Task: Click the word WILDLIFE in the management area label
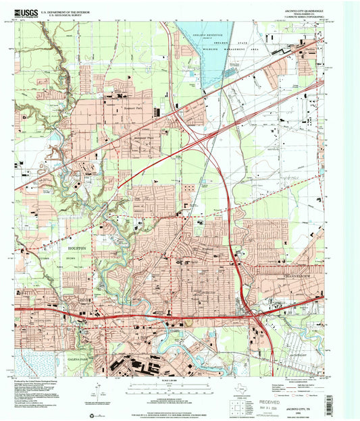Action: coord(219,49)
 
